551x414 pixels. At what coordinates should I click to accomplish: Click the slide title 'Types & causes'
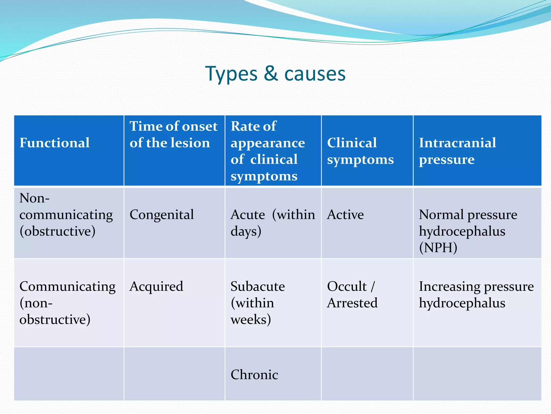275,74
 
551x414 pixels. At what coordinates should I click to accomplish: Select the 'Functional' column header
54,143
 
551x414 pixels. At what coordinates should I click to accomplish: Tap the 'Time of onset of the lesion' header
173,134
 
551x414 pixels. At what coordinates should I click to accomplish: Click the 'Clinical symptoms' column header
360,151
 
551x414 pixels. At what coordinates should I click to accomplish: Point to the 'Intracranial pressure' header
457,151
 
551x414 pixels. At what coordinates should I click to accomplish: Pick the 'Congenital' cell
161,215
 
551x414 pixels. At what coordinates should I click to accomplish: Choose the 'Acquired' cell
156,286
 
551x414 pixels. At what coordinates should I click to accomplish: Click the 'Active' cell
345,215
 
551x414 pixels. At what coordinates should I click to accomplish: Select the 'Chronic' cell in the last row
254,375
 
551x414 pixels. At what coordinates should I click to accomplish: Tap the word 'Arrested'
352,303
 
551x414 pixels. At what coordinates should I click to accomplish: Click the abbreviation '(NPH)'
438,248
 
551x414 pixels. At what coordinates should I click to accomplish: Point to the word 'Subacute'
257,286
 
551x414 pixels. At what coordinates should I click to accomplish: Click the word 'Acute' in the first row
248,215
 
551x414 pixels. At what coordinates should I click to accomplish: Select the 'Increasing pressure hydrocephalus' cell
476,295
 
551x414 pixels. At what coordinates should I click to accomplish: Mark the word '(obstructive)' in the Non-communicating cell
57,231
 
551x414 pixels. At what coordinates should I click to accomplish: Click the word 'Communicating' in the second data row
67,286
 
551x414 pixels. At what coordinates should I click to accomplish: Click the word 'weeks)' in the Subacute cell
250,320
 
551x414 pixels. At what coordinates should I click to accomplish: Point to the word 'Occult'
347,286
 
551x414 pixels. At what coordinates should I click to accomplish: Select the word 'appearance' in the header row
268,143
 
